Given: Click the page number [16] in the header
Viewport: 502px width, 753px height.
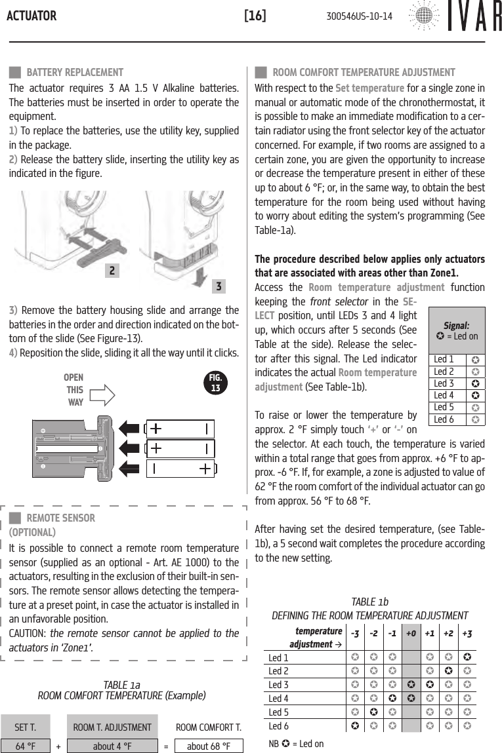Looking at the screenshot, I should click(255, 15).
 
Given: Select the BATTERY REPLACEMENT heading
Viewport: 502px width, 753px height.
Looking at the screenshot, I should click(74, 72).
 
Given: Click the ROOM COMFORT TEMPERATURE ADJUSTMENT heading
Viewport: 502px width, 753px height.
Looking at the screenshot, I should click(364, 72).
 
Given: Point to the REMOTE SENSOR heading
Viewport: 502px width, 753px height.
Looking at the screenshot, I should click(60, 518).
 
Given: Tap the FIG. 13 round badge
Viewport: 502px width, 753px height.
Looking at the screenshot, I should click(215, 384).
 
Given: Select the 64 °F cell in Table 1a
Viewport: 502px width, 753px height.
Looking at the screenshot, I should click(26, 746).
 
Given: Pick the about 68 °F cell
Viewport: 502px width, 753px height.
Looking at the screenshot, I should click(208, 746).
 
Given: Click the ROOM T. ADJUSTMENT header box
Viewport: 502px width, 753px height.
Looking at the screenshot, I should click(112, 727).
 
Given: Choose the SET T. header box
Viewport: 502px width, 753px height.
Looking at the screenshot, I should click(26, 727).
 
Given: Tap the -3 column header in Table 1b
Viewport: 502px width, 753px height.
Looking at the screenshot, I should click(355, 634).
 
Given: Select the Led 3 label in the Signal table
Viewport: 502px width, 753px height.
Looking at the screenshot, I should click(444, 383).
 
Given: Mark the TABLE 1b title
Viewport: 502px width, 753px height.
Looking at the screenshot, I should click(369, 602).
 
